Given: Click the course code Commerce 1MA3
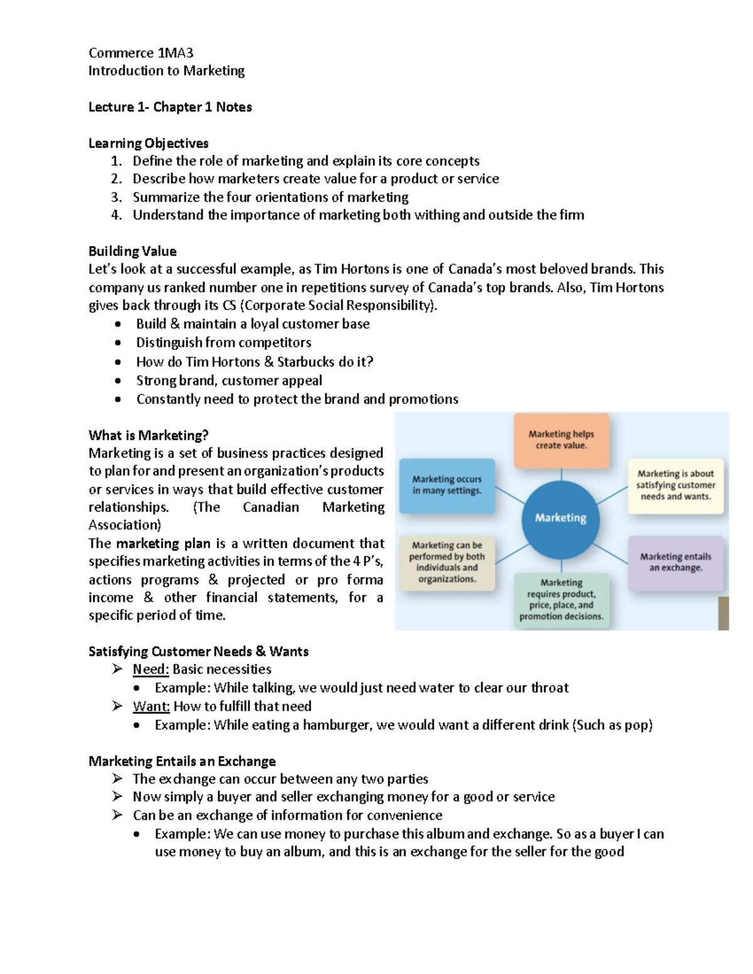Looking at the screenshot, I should click(141, 53).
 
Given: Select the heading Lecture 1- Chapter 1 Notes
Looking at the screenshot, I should click(170, 107).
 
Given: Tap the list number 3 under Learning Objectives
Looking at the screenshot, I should click(116, 198).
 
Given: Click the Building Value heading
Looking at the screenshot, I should click(132, 251).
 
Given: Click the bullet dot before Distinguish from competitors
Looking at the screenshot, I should click(117, 343).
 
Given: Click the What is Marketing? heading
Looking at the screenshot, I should click(148, 435).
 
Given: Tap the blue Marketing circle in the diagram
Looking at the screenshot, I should click(560, 518).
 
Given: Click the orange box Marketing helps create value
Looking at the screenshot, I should click(561, 440).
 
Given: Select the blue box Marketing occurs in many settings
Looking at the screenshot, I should click(447, 485).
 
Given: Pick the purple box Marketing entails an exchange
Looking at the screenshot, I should click(675, 562).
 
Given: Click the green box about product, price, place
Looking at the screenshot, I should click(561, 600).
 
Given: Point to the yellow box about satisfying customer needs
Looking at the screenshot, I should click(675, 485).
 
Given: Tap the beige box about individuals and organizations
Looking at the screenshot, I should click(447, 562).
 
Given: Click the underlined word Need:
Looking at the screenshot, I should click(151, 669).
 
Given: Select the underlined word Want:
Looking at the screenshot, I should click(151, 706).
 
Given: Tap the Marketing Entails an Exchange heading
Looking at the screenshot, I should click(182, 761).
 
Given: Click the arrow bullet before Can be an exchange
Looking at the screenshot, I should click(117, 815).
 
